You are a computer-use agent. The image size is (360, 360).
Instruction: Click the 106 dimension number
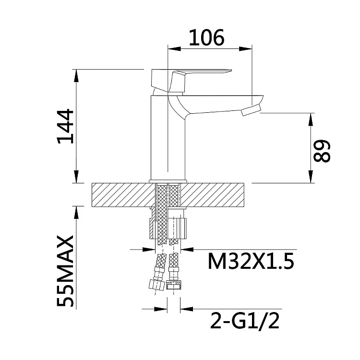(x=206, y=37)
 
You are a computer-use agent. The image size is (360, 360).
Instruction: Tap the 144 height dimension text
(x=66, y=127)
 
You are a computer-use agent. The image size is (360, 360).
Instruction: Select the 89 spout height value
(x=322, y=151)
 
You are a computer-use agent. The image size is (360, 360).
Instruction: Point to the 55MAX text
(x=66, y=271)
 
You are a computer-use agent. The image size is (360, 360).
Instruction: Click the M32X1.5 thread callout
(x=251, y=261)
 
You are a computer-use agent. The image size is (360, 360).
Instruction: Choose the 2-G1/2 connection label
(x=245, y=321)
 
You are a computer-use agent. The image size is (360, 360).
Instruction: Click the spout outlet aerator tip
(x=252, y=110)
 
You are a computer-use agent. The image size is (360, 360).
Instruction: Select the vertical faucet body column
(x=168, y=138)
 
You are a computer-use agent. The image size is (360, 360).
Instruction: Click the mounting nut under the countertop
(x=168, y=228)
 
